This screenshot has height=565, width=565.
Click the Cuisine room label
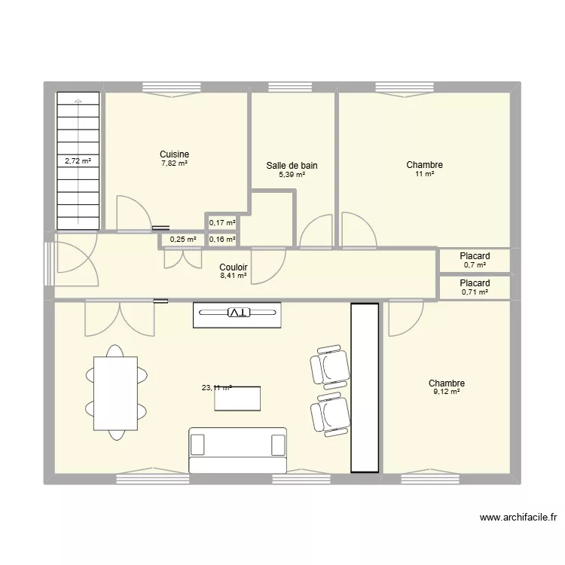174,154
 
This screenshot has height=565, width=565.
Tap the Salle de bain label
292,166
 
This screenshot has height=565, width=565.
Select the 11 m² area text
424,174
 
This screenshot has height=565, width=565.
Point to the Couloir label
234,267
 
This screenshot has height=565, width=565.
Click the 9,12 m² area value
446,392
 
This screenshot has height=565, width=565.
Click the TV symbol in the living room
237,312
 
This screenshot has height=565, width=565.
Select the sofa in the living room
237,450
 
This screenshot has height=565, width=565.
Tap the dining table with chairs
115,392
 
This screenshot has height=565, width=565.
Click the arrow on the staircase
78,102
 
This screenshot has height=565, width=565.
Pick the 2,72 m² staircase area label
77,160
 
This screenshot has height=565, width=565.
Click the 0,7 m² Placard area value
475,265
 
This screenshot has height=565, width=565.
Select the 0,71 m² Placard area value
475,292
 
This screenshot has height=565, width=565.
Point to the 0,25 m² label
183,240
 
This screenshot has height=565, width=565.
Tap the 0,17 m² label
221,222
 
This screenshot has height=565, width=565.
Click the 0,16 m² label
221,240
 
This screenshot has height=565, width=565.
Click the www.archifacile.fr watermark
518,518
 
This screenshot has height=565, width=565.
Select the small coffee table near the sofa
238,399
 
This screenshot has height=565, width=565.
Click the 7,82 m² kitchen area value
174,163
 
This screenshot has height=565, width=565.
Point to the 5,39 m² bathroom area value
292,175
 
